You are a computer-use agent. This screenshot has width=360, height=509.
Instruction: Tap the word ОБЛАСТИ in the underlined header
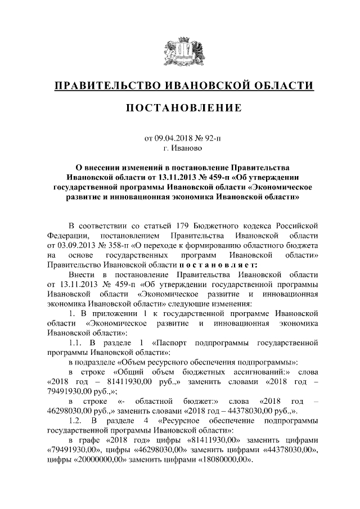(282, 85)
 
